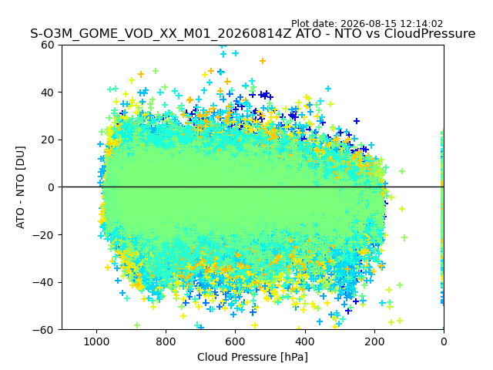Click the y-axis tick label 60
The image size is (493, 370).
[x=48, y=45]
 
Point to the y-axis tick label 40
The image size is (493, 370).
[x=48, y=92]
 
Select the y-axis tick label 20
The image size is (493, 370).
[x=48, y=140]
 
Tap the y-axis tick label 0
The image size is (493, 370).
[x=51, y=187]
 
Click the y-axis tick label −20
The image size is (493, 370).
[x=43, y=235]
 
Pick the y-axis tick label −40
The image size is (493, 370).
[x=43, y=283]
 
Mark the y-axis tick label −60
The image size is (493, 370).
[x=43, y=330]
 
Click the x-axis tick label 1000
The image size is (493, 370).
[x=96, y=341]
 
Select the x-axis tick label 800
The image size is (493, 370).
[x=166, y=341]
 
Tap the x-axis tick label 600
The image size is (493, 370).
[x=235, y=341]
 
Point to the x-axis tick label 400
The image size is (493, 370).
[x=305, y=341]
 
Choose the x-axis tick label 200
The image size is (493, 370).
[x=374, y=341]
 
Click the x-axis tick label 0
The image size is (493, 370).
[x=444, y=341]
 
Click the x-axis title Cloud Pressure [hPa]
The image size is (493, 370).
[x=253, y=357]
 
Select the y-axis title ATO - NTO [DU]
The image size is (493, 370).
[x=21, y=187]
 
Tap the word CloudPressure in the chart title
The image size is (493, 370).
[x=430, y=34]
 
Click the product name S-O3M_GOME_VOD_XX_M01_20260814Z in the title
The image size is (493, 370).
[x=161, y=34]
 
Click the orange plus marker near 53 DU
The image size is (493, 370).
[x=263, y=61]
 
